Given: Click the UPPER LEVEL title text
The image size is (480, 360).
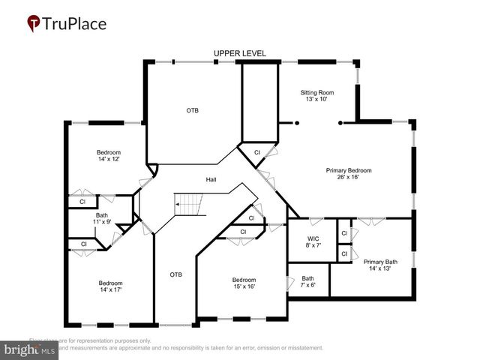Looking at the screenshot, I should pyautogui.click(x=239, y=53).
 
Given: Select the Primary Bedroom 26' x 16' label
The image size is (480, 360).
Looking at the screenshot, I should pyautogui.click(x=348, y=174).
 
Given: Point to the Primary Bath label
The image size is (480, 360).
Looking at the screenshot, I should pyautogui.click(x=381, y=265).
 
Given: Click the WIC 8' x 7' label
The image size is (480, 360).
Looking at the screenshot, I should pyautogui.click(x=313, y=243).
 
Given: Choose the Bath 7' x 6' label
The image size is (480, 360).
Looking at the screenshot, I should pyautogui.click(x=308, y=282).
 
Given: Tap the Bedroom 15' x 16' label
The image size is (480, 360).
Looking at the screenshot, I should pyautogui.click(x=243, y=283).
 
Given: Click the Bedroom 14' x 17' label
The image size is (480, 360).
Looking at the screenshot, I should pyautogui.click(x=110, y=286).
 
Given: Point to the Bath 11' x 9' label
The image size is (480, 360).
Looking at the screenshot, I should pyautogui.click(x=101, y=218).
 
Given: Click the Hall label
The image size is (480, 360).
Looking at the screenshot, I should pyautogui.click(x=212, y=180).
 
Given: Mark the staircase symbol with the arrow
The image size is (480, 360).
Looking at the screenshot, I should pyautogui.click(x=189, y=203).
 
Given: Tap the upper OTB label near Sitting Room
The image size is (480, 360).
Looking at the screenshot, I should pyautogui.click(x=193, y=110).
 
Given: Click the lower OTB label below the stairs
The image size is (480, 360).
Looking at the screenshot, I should pyautogui.click(x=175, y=274).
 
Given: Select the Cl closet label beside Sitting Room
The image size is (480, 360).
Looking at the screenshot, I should pyautogui.click(x=257, y=152).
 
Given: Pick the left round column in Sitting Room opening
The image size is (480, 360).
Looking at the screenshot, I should pyautogui.click(x=297, y=122).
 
